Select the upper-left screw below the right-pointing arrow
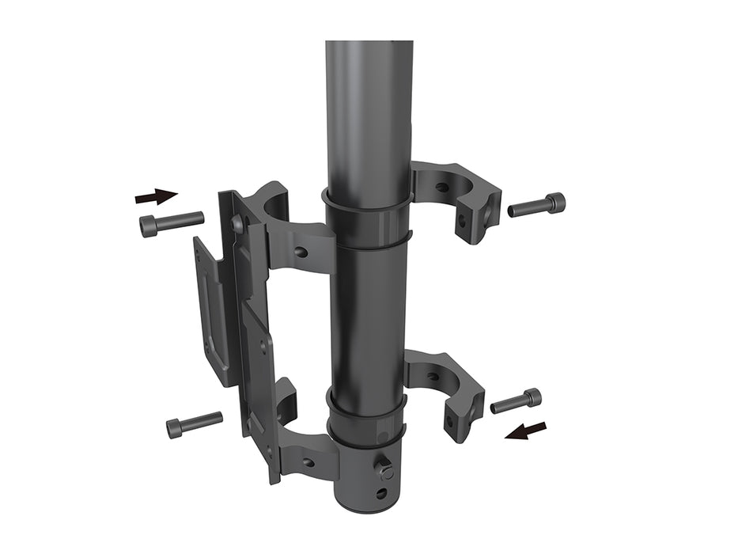171,223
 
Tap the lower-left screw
193,425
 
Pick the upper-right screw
537,206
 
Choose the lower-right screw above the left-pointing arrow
516,401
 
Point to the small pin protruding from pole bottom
386,469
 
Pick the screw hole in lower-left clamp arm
308,462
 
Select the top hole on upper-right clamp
441,188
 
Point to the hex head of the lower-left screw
175,429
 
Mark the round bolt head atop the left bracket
237,225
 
